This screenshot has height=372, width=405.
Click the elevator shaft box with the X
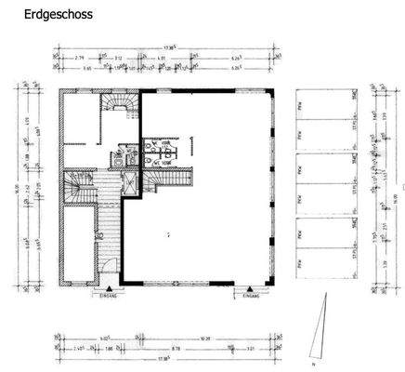(x=130, y=183)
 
